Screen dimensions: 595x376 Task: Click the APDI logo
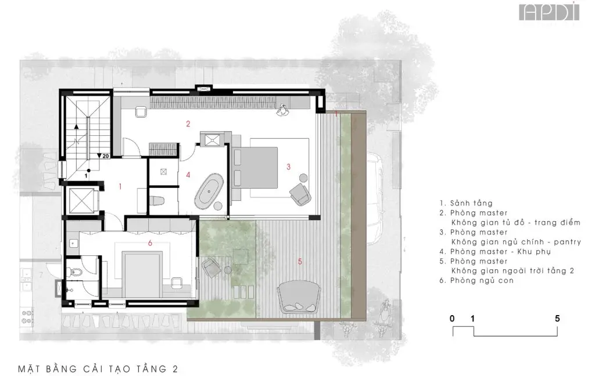point(549,12)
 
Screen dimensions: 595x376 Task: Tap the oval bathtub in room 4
point(209,191)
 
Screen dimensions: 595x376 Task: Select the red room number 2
point(188,124)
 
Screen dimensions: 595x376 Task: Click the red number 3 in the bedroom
point(288,167)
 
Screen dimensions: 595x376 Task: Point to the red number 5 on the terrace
point(300,262)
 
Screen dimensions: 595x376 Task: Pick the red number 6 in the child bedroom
point(150,243)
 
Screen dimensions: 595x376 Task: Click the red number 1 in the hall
point(120,186)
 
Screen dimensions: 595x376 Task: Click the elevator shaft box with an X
point(81,200)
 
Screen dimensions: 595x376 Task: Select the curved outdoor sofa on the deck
point(299,297)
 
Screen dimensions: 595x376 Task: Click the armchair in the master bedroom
point(300,194)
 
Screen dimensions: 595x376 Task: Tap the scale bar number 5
point(557,319)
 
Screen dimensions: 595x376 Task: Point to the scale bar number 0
point(452,319)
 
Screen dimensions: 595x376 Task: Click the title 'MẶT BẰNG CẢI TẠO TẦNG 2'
point(98,369)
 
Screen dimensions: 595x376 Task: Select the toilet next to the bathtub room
point(157,201)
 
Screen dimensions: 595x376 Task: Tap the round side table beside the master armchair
point(303,178)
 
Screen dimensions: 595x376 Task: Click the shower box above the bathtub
point(210,140)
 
